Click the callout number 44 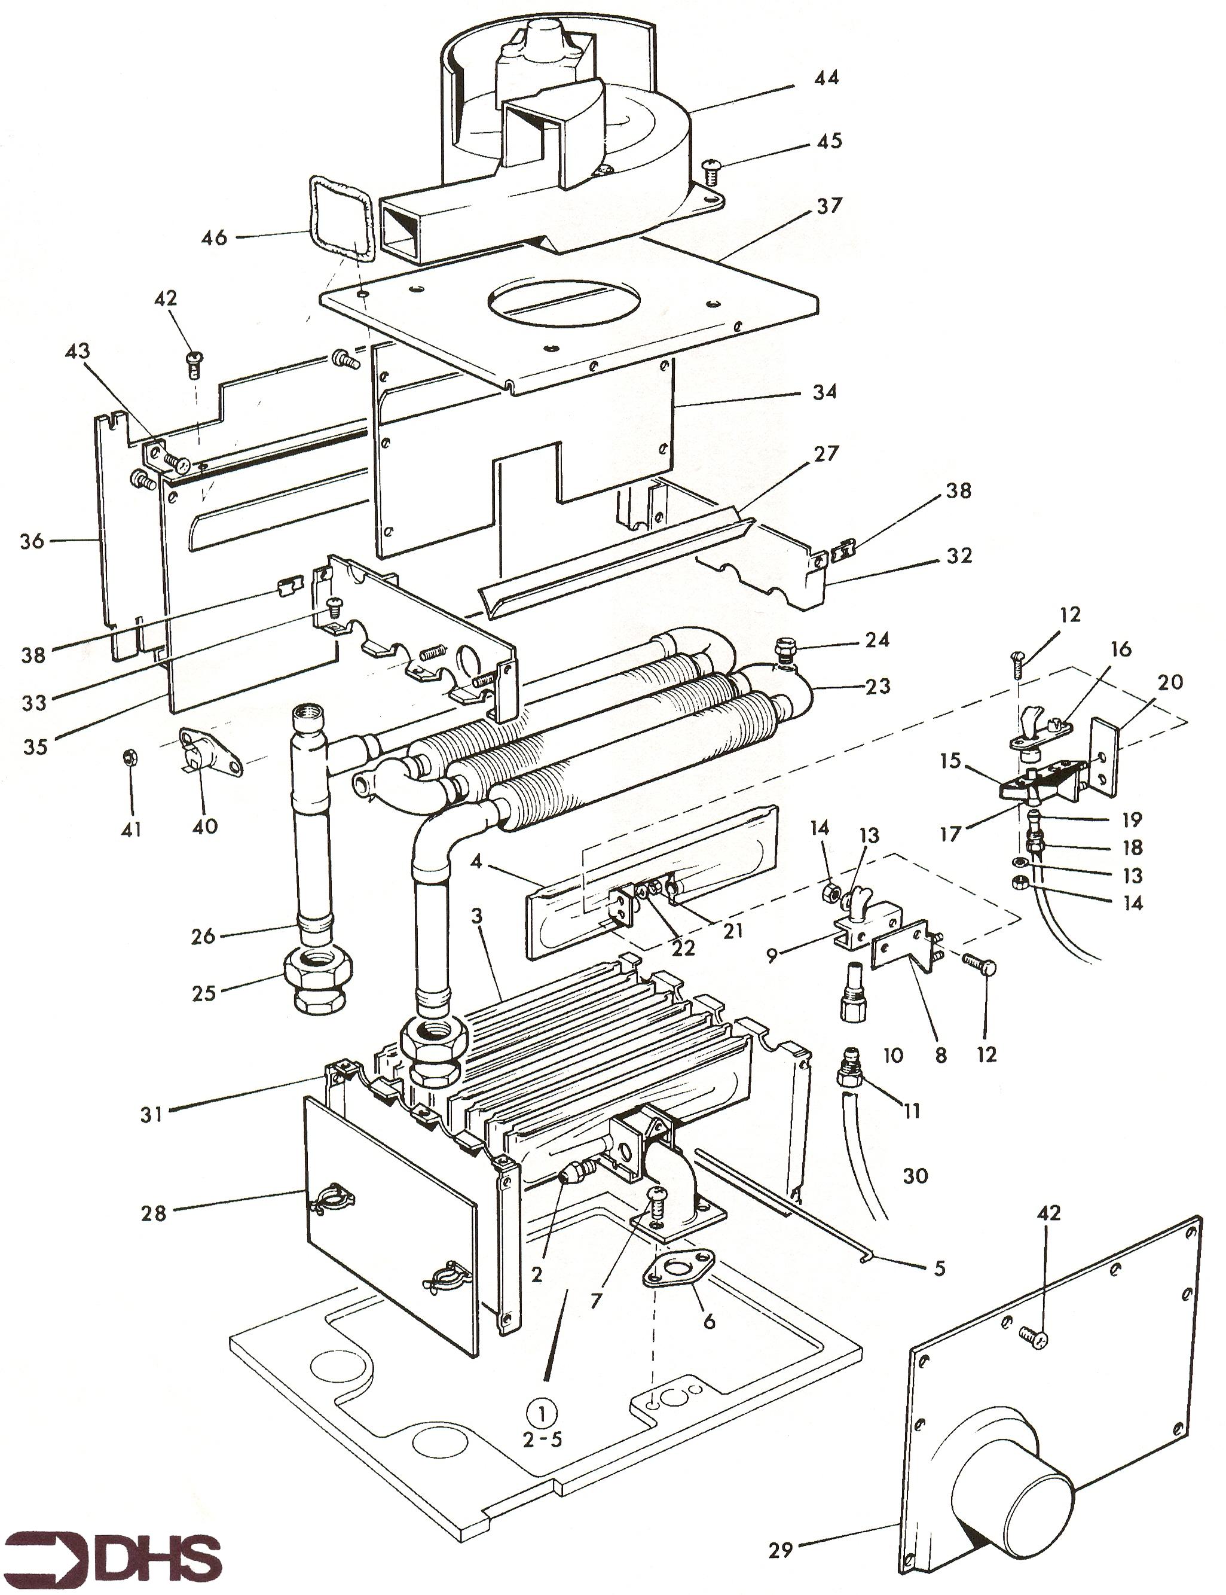click(x=826, y=77)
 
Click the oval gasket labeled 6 click(x=678, y=1268)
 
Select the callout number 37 click(x=829, y=206)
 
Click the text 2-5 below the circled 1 click(x=542, y=1441)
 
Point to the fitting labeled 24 click(x=787, y=649)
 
